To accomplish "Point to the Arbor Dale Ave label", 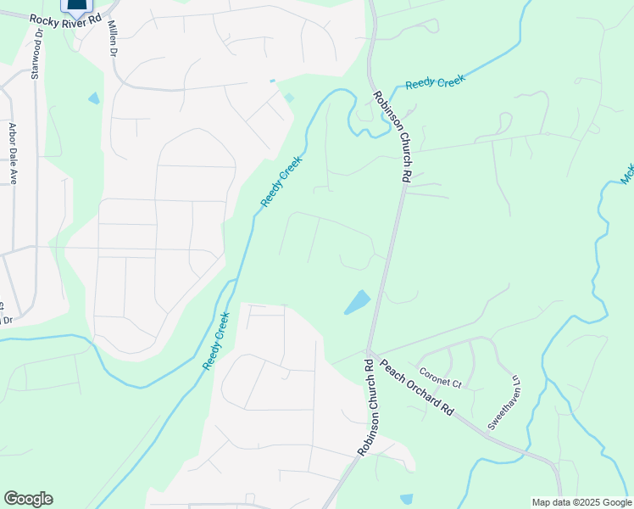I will [x=14, y=154].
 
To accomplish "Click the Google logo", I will [x=28, y=499].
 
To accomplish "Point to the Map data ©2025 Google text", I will [x=581, y=502].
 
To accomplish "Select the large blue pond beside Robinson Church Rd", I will [x=358, y=302].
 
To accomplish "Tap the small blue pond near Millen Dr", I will [x=93, y=98].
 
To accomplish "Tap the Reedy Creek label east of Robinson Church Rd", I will [x=436, y=82].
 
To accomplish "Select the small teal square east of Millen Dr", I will [x=289, y=98].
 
